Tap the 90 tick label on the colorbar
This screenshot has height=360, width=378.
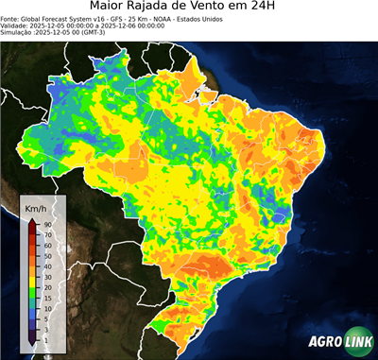click(47, 225)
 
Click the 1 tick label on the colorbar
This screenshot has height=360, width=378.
click(45, 337)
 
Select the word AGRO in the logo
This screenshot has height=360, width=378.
click(324, 342)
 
